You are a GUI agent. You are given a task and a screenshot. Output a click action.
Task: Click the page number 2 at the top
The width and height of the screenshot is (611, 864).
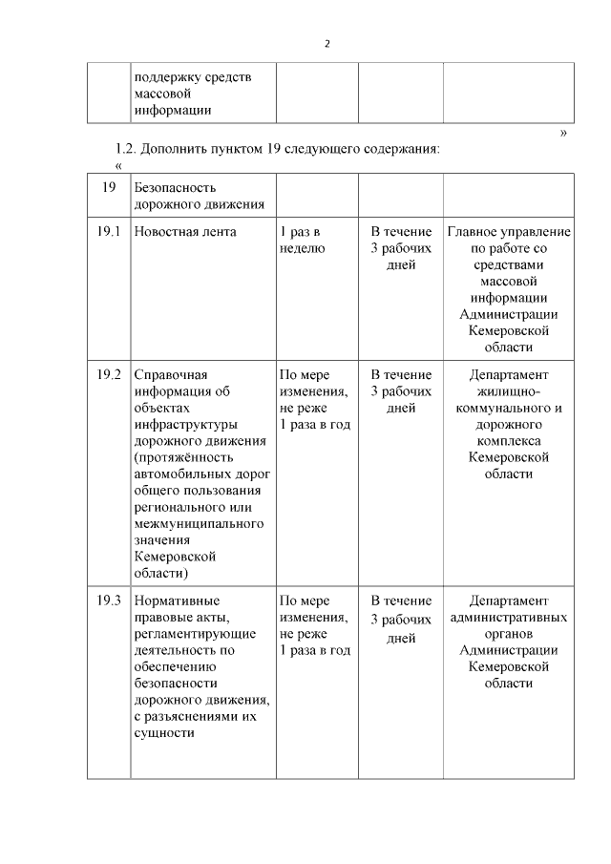coord(327,44)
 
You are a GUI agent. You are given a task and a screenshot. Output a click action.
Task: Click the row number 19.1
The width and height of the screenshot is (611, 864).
coord(109,232)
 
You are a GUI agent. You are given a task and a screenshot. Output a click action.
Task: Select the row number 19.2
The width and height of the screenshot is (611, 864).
coord(109,374)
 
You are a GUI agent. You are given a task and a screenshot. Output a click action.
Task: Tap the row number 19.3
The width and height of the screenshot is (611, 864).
coord(109,601)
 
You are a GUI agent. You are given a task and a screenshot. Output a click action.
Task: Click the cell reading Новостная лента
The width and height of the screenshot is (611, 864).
coord(185,232)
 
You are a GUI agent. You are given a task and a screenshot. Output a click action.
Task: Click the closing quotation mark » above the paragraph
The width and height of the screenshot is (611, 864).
coord(563,134)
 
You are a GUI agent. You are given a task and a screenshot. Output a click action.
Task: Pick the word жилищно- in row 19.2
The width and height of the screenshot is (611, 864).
coord(509,391)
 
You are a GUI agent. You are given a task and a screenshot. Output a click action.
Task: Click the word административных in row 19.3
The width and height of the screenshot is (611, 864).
coord(509,618)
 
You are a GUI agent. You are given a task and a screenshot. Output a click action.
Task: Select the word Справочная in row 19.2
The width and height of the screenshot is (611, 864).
coord(171,374)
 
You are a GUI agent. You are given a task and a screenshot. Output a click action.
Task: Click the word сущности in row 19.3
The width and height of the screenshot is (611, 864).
coord(164,733)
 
